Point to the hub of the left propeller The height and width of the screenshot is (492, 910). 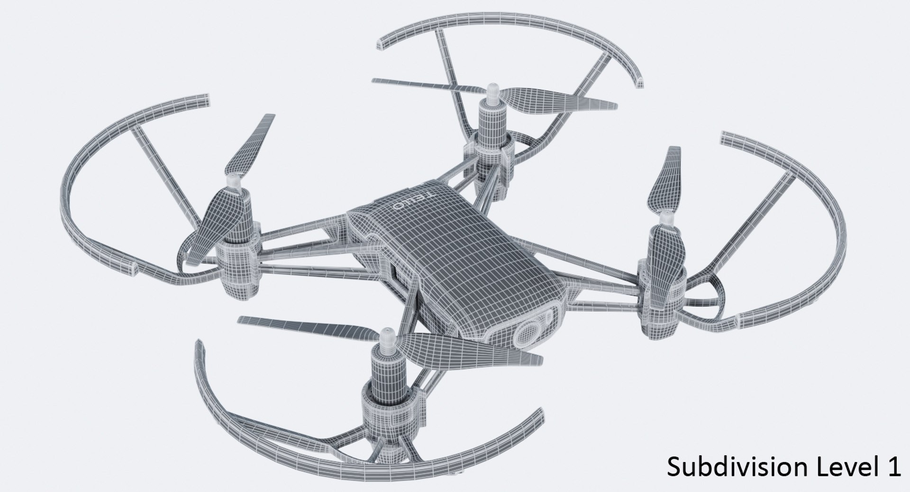coord(233,182)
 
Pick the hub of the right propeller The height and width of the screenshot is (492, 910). coord(667,219)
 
